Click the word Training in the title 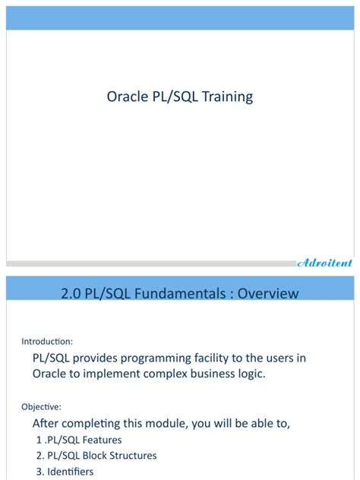(x=228, y=97)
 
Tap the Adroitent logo (x=324, y=263)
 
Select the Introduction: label (x=47, y=341)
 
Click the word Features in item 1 (x=101, y=440)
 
